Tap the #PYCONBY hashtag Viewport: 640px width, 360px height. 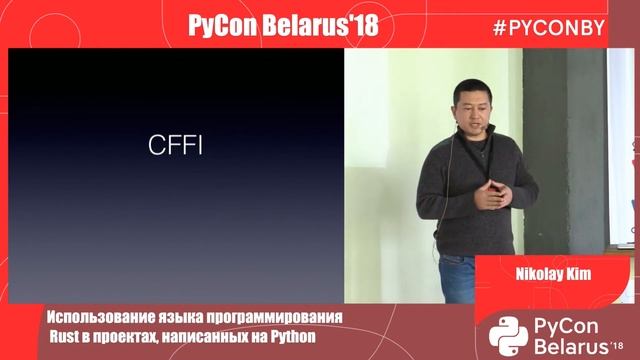tap(548, 27)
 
